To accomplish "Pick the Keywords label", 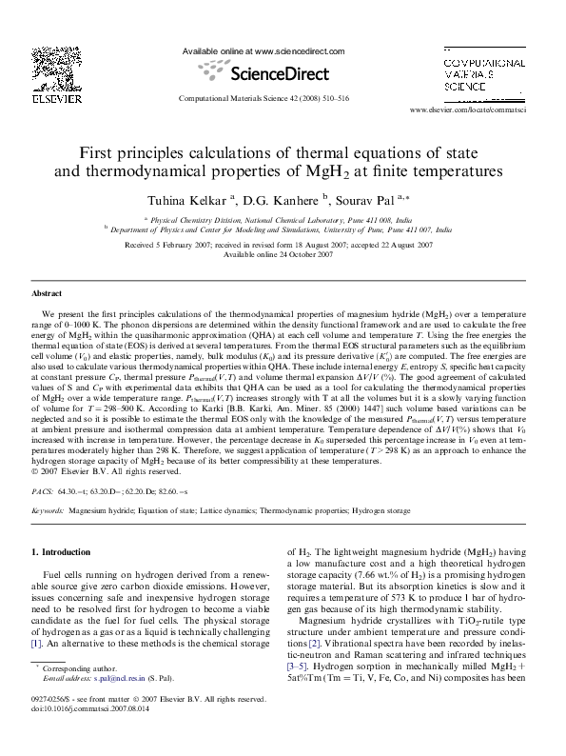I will click(49, 510).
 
